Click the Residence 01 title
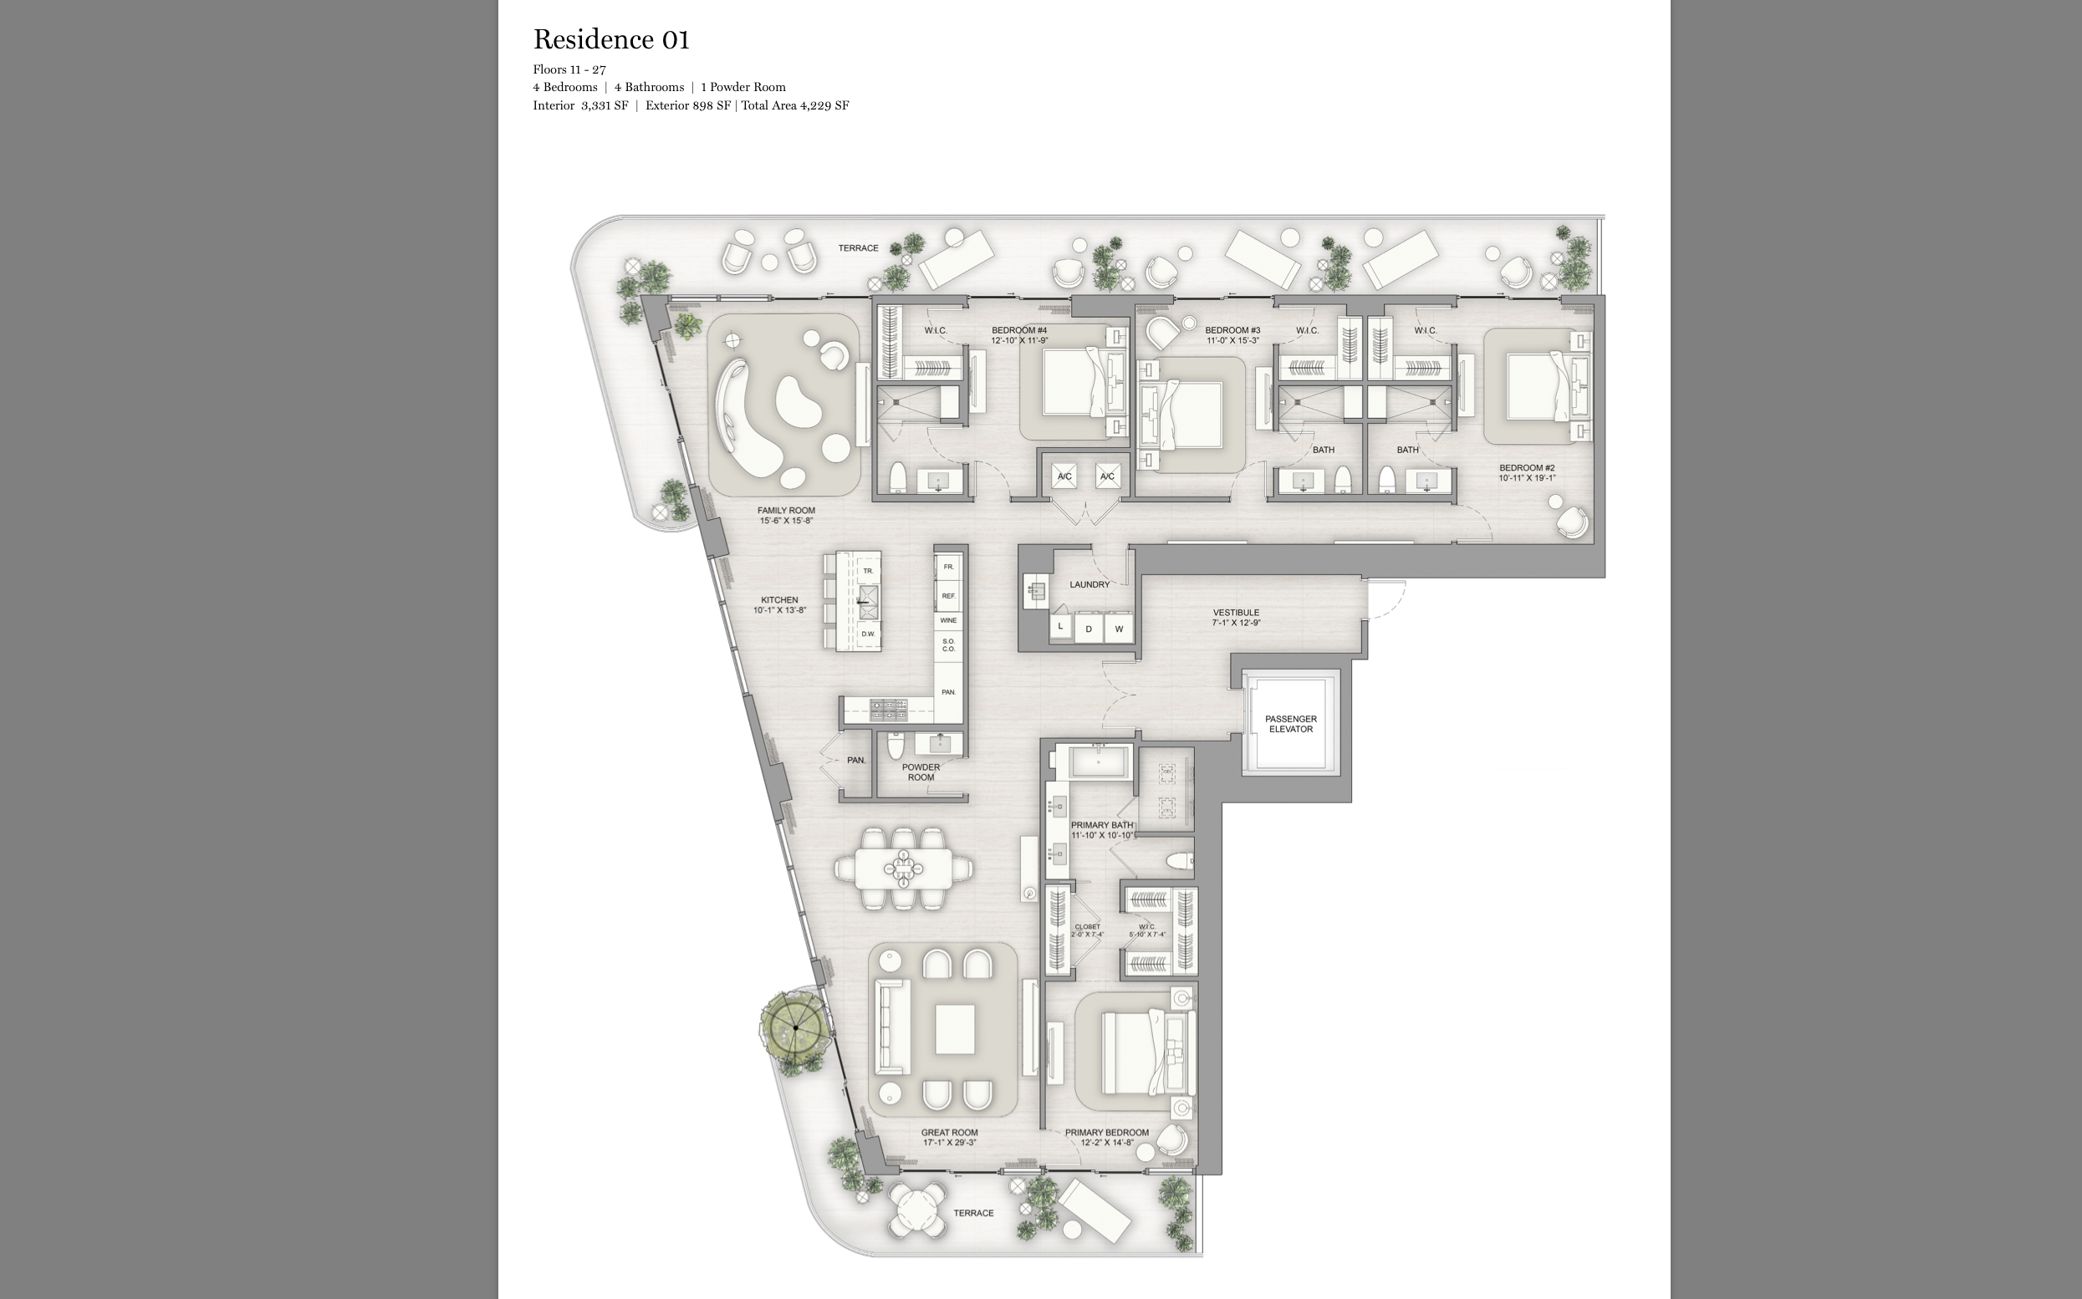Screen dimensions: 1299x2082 611,39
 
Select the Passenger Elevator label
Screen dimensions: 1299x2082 1290,724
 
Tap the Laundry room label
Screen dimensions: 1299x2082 1089,585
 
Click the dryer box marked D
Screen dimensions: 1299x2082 1089,629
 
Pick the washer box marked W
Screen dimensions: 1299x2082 1119,629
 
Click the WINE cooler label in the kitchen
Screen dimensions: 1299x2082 947,620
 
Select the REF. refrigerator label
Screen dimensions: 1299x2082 947,595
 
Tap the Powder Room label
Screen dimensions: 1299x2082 921,772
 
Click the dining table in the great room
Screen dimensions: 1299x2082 903,868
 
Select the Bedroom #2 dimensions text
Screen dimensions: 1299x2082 1526,478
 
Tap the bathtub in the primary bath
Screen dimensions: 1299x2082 1099,763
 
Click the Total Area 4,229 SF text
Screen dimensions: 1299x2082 795,105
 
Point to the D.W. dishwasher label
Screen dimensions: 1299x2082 868,634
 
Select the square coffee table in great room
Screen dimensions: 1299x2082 954,1029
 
